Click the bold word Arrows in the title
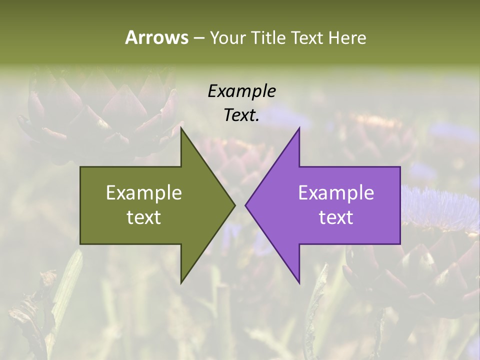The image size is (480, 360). pos(156,37)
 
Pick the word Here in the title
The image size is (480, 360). pos(347,37)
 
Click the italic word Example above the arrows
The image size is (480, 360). pos(242,91)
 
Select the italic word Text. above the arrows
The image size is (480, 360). pos(241,115)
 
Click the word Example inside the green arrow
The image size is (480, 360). pos(144,193)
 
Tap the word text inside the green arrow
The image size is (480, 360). pos(144,217)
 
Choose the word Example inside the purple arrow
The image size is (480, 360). pos(336,193)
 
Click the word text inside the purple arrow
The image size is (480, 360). pos(336,217)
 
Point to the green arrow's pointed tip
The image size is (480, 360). pos(235,205)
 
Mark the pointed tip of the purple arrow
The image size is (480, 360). pos(245,205)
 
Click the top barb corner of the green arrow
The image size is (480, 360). pos(181,128)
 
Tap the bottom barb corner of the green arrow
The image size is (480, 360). pos(181,282)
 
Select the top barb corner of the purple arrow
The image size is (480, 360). pos(299,128)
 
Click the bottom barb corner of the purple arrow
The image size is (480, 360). pos(299,282)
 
